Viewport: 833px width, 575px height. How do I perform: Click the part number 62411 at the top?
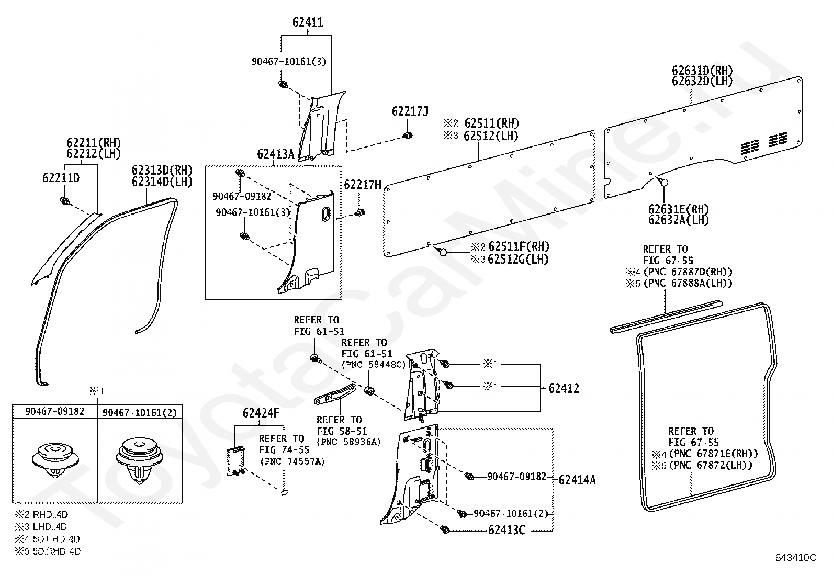tap(308, 22)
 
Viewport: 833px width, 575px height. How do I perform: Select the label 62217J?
tap(410, 111)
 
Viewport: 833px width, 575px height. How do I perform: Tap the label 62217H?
tap(363, 185)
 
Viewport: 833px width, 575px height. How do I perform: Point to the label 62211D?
tap(61, 178)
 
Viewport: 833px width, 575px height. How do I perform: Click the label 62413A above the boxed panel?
tap(276, 154)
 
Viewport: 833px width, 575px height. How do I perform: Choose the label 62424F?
tap(261, 413)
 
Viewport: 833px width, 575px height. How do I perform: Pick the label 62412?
tap(564, 388)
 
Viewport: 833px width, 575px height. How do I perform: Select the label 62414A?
tap(577, 480)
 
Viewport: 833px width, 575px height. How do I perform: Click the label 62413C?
tap(506, 529)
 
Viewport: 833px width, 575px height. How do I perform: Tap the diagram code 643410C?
tap(796, 558)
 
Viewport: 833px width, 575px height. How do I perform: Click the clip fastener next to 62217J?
tap(408, 136)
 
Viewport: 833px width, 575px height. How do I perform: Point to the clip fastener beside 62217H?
tap(359, 213)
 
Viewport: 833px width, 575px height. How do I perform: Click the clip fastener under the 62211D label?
tap(65, 201)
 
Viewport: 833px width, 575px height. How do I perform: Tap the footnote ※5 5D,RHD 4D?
tap(48, 551)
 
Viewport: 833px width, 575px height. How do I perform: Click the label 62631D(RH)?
tap(702, 70)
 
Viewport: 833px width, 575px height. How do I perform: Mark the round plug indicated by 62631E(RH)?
tap(664, 182)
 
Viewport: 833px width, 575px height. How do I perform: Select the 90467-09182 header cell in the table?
tap(54, 411)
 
